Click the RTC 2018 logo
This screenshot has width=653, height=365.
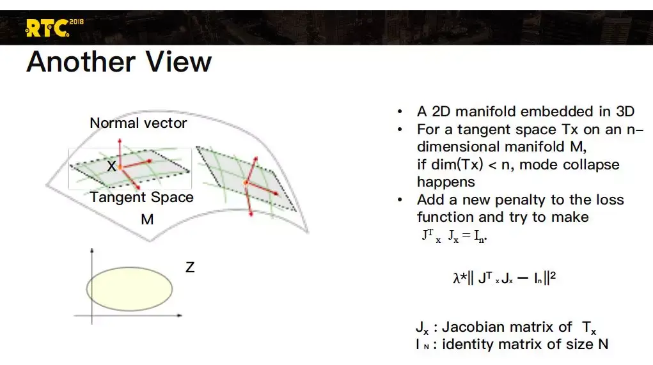pos(54,28)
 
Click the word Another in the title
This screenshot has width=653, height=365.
pos(81,62)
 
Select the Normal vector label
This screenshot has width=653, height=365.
pos(138,123)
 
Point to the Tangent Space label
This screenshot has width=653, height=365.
pos(141,198)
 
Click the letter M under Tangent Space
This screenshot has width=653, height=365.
pos(147,219)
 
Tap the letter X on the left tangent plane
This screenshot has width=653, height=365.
pos(111,166)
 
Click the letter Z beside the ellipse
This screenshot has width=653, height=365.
pos(190,267)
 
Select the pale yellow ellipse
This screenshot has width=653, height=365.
pos(130,289)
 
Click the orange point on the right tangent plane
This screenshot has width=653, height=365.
pos(246,182)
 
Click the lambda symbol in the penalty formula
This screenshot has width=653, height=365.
pos(457,277)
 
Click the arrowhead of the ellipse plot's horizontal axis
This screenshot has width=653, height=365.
pos(180,316)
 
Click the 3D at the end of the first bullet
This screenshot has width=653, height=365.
pos(625,111)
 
